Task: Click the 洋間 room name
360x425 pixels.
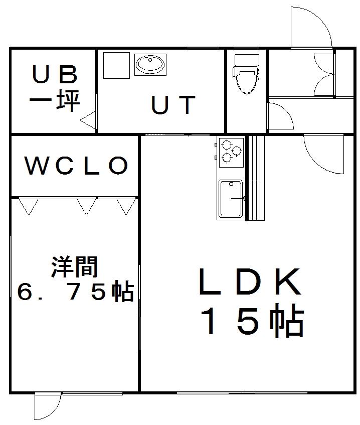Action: [x=74, y=267]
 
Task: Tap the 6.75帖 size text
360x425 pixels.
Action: [x=75, y=292]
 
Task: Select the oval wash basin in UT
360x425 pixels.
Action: [x=150, y=65]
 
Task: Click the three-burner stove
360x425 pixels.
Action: [x=231, y=152]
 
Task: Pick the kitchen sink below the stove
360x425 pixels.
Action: [x=231, y=199]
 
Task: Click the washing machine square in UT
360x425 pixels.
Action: [x=116, y=65]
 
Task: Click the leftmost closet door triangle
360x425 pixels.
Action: [x=29, y=206]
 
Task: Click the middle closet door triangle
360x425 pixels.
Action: [x=86, y=206]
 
